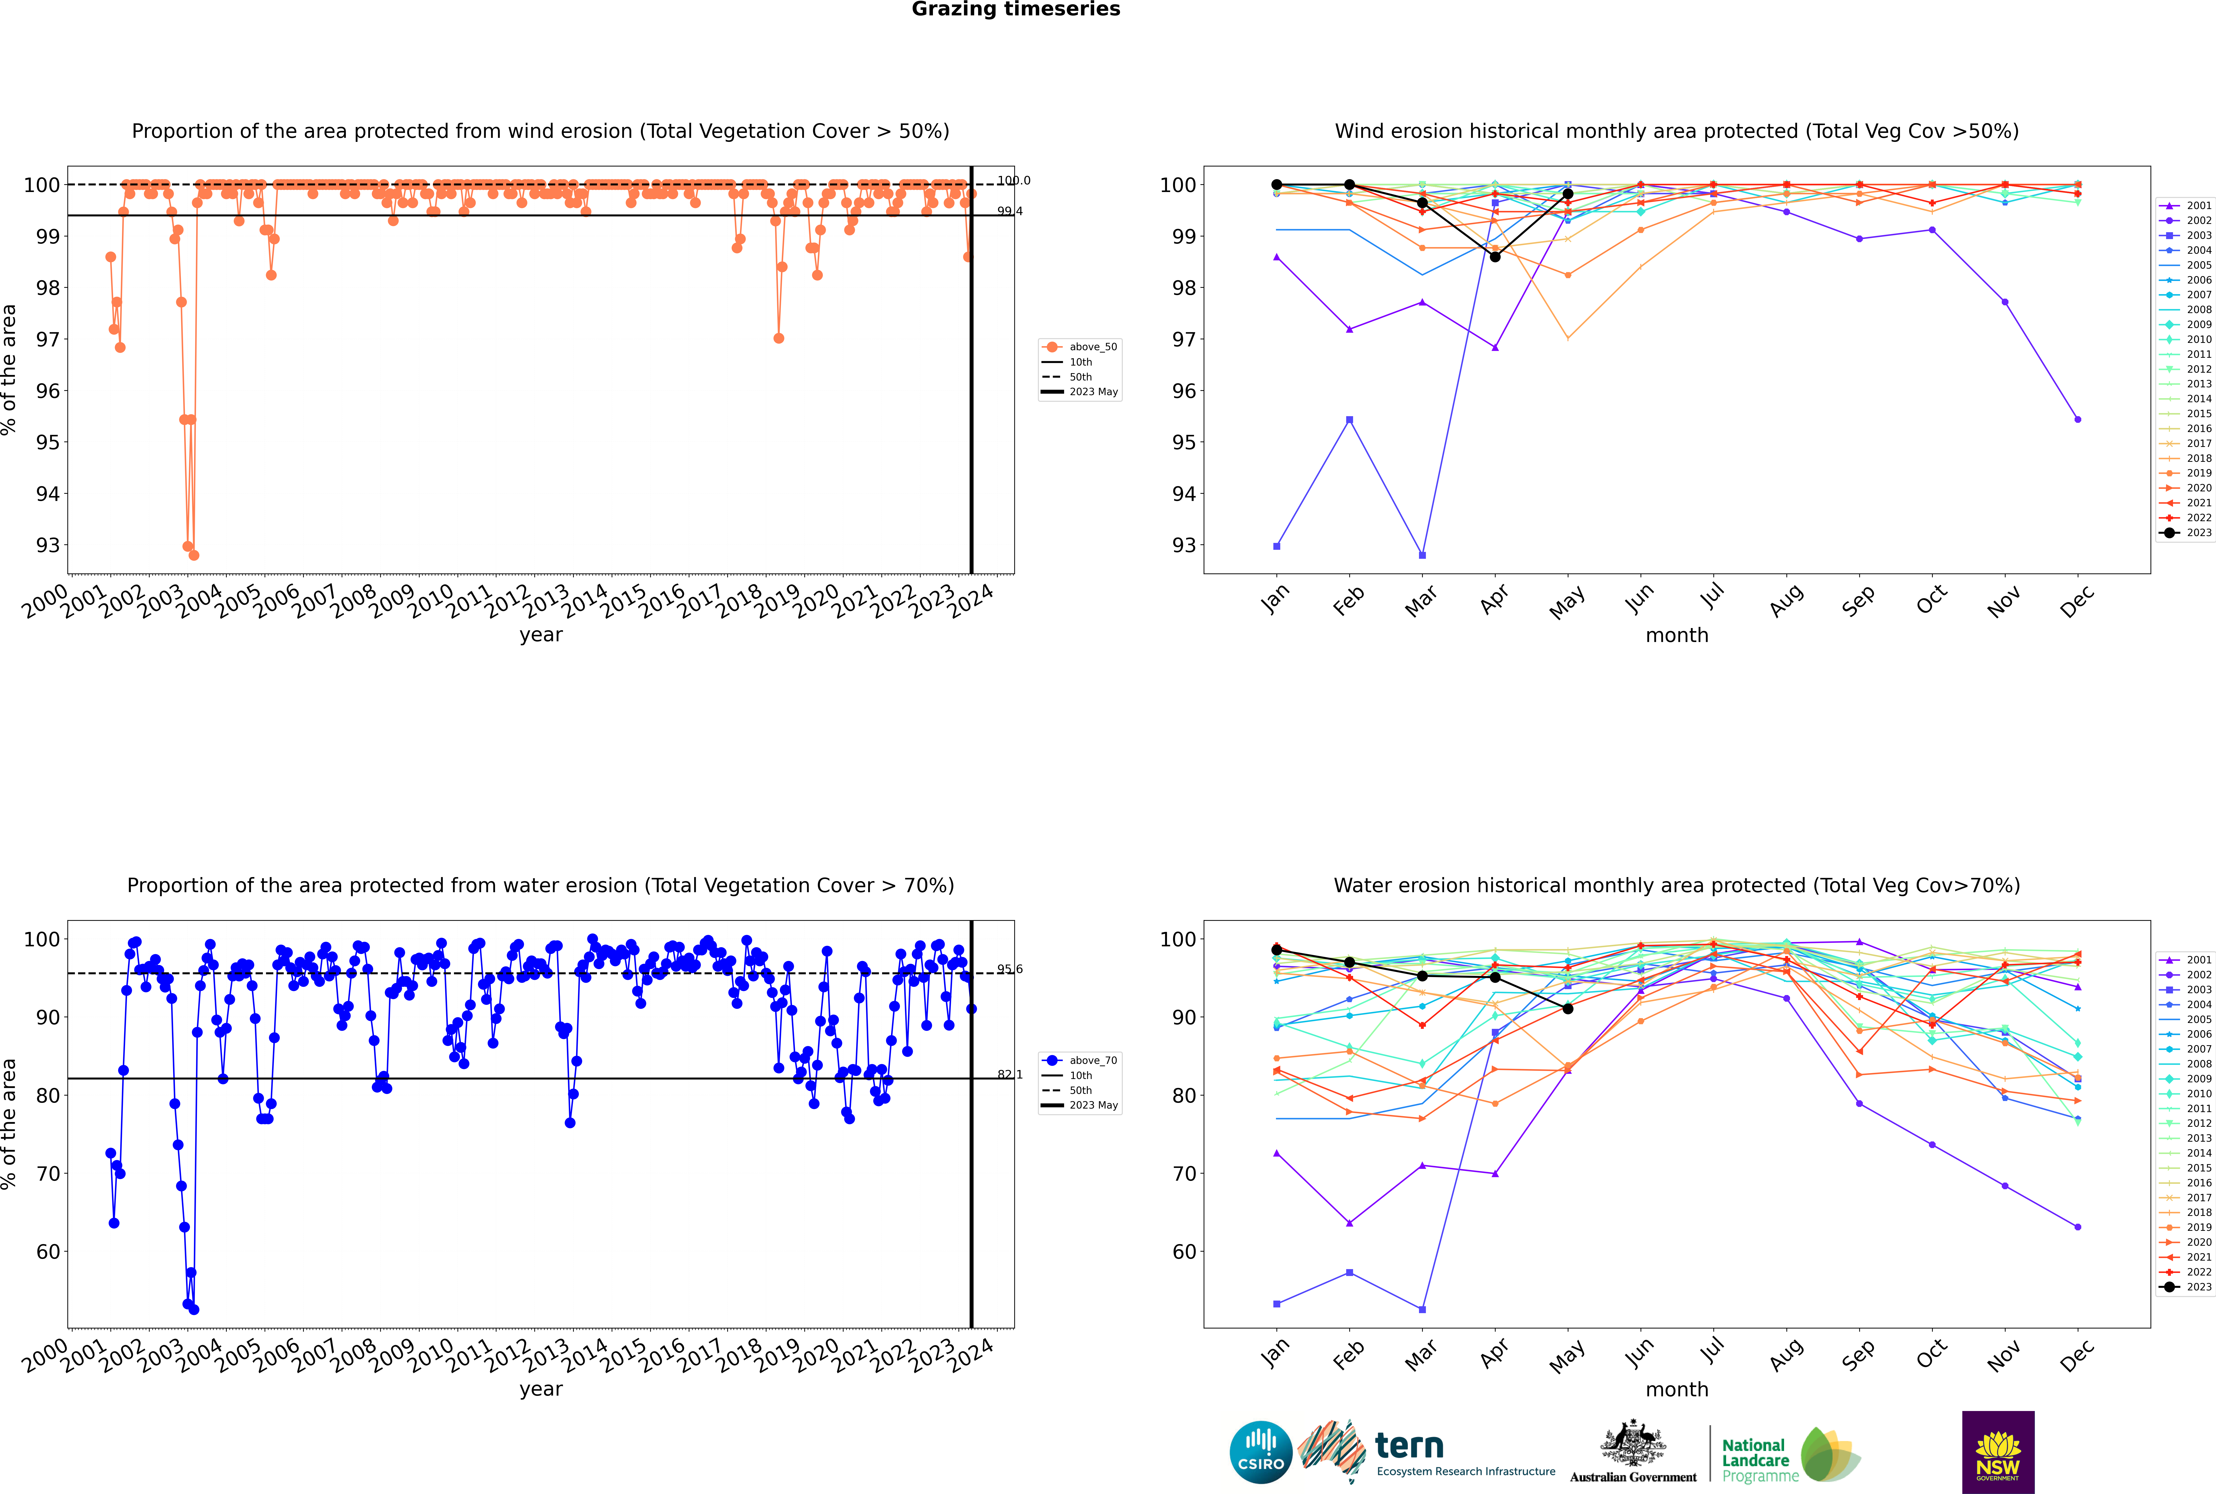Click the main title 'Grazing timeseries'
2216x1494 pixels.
coord(1016,9)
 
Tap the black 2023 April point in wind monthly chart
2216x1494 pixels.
coord(1495,257)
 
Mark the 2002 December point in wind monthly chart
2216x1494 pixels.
coord(2078,419)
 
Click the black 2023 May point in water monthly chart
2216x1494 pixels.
coord(1568,1009)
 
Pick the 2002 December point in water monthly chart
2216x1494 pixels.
coord(2078,1227)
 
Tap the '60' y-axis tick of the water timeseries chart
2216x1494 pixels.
coord(48,1252)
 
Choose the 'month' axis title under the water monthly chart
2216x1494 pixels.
coord(1677,1389)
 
